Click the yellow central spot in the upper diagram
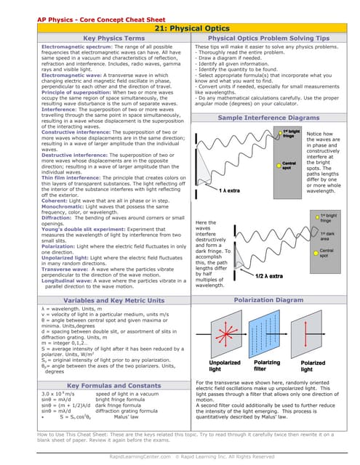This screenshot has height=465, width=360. coord(287,164)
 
